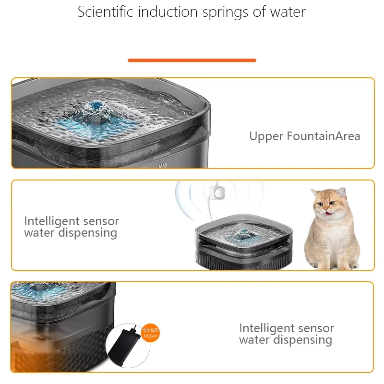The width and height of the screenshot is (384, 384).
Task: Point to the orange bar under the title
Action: click(x=192, y=60)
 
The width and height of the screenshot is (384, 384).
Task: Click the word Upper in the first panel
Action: click(x=266, y=137)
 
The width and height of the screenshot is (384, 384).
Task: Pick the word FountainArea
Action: click(x=324, y=136)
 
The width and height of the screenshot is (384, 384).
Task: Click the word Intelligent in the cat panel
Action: click(x=51, y=221)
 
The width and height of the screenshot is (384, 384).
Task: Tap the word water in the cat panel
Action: click(x=40, y=233)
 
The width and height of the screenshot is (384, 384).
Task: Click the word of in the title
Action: click(x=260, y=12)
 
